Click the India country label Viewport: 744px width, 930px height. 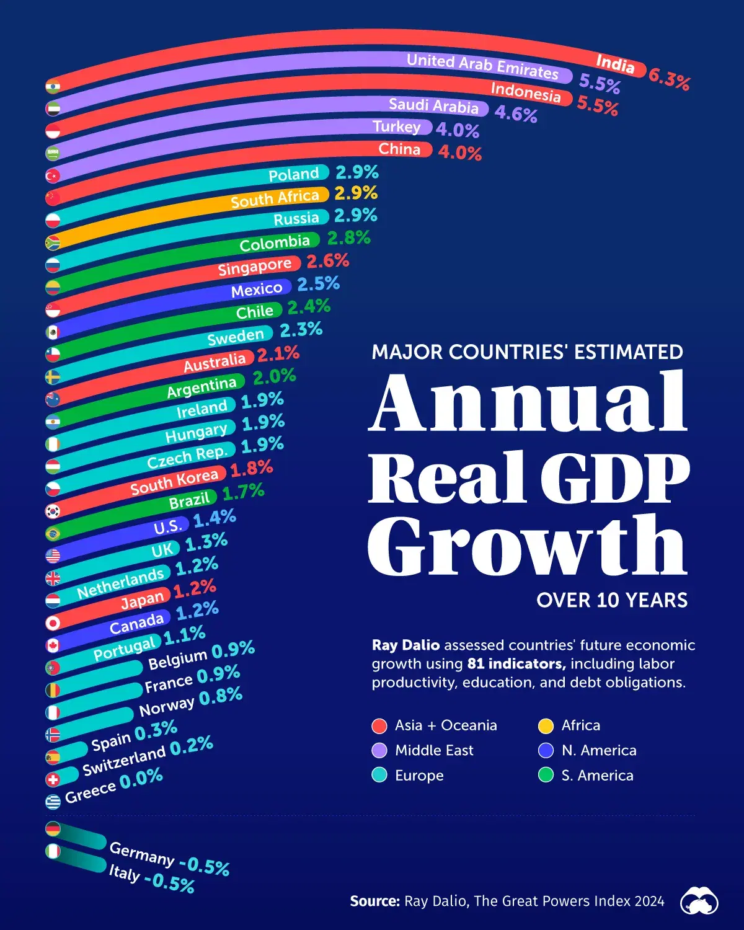615,64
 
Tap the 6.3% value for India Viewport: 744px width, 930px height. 669,79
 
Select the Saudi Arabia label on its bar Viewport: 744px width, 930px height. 433,105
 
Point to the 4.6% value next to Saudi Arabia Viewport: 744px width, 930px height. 516,114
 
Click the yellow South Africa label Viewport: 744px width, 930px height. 275,198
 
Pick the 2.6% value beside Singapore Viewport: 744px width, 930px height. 328,262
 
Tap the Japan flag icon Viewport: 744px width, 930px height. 53,622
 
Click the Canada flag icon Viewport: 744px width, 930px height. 53,645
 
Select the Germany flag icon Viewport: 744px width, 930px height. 53,829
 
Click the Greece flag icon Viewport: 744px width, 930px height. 53,801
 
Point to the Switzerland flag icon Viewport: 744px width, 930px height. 53,779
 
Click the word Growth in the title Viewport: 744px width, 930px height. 527,546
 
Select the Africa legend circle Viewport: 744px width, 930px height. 546,725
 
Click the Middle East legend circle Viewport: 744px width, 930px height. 379,751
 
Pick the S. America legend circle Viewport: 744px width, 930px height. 546,776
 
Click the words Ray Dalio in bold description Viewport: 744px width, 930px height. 405,645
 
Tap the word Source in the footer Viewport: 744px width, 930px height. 374,901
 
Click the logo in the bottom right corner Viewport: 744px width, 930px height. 699,901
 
